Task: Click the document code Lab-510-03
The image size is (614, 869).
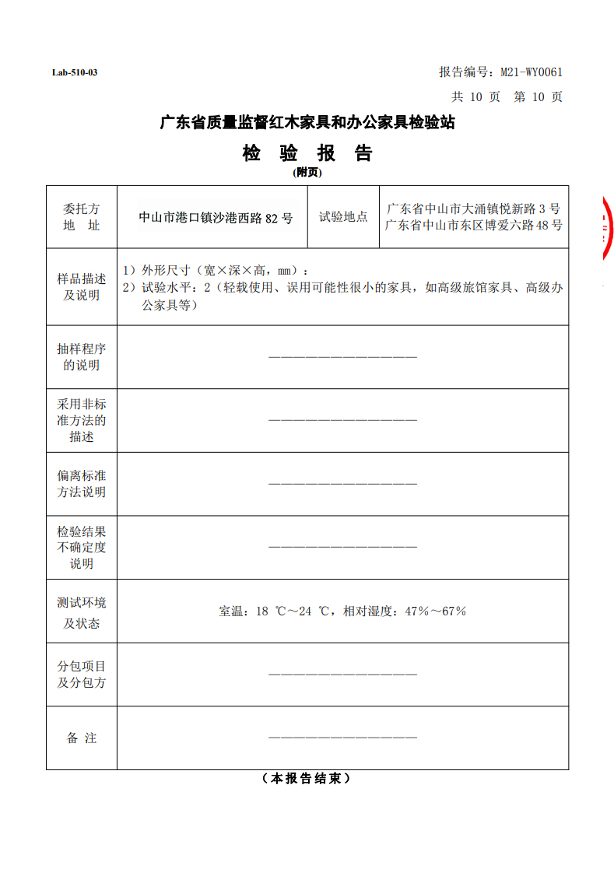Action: coord(75,73)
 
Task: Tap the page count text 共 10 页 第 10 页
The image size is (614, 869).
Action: coord(507,97)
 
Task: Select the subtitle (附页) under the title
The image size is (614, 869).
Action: coord(307,173)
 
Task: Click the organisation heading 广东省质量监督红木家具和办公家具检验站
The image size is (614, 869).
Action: coord(307,123)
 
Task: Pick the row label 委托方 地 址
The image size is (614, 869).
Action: coord(82,217)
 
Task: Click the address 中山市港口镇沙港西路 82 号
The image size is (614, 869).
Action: coord(216,218)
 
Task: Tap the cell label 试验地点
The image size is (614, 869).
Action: coord(343,217)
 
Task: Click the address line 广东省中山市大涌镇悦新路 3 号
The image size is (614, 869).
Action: coord(473,208)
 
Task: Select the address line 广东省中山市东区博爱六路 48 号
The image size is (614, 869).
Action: coord(473,226)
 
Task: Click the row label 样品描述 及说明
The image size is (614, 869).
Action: coord(82,286)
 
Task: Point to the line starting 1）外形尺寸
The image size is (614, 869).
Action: coord(215,271)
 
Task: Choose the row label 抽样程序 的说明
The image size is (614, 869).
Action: coord(82,357)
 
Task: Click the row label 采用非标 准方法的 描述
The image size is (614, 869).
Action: coord(82,420)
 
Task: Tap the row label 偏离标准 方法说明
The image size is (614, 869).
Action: coord(82,484)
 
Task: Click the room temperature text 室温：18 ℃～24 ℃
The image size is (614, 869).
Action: coord(278,611)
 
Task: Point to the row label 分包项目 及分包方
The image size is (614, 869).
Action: coord(82,675)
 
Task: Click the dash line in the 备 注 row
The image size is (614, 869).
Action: coord(342,738)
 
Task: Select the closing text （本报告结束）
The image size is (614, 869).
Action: coord(307,779)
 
